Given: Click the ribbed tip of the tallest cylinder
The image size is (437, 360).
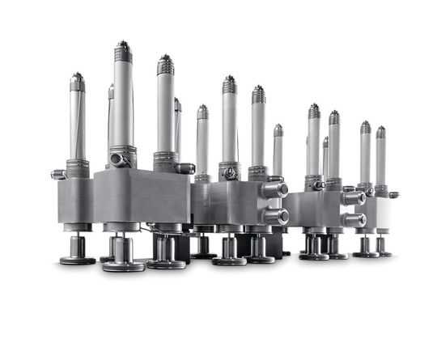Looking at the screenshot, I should [123, 52].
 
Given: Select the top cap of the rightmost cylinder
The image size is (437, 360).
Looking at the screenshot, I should [380, 132].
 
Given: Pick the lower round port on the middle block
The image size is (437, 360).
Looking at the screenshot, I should [277, 216].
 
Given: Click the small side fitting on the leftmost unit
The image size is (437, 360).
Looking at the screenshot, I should [57, 174].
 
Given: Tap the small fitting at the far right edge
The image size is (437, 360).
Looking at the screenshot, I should [393, 194].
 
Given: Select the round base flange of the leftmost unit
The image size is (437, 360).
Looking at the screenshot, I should [77, 260].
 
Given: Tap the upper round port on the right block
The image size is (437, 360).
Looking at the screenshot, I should [354, 197].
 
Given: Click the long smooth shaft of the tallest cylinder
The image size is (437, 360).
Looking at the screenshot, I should [123, 105].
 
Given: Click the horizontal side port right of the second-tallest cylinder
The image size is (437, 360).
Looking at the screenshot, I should [185, 168].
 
